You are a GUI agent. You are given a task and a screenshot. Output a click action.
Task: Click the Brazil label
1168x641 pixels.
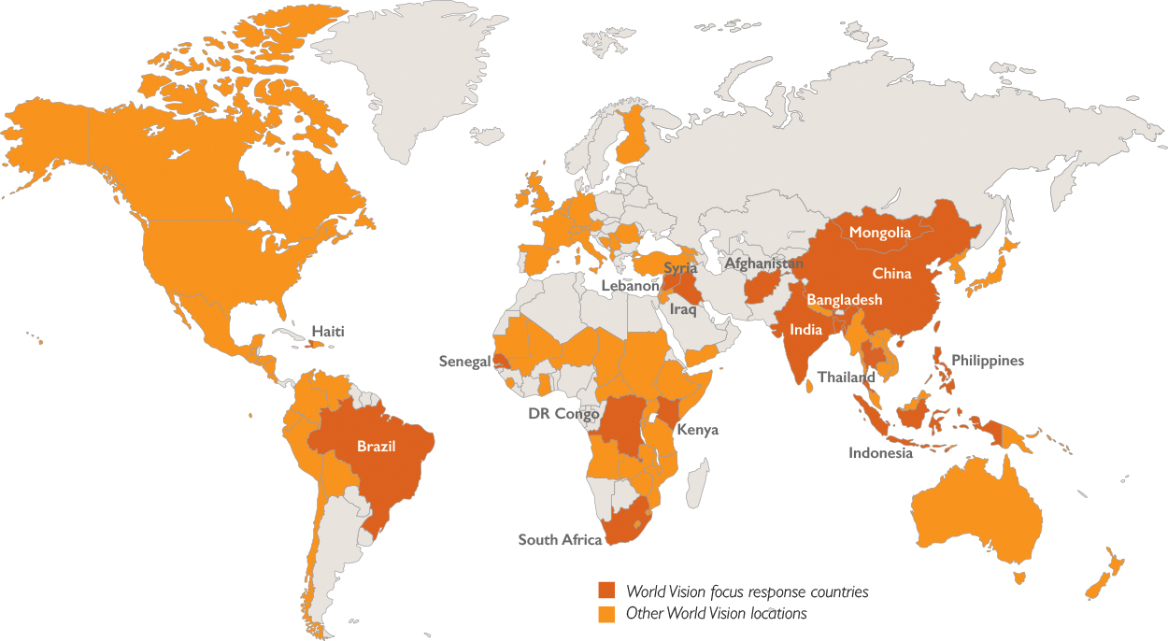point(377,447)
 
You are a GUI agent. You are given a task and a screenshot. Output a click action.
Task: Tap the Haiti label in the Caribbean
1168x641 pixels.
point(329,331)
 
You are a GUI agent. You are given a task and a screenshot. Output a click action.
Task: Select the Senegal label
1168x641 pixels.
point(464,362)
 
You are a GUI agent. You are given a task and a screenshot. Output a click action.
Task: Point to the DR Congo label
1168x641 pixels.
point(564,413)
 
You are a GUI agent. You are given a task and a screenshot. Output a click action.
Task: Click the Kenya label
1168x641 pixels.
point(697,430)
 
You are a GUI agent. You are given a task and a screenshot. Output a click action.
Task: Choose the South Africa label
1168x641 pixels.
point(560,540)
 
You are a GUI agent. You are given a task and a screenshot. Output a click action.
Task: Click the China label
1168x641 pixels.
point(891,274)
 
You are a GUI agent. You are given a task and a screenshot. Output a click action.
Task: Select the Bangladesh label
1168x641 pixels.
point(845,300)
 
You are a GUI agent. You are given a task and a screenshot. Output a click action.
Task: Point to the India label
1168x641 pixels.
point(805,329)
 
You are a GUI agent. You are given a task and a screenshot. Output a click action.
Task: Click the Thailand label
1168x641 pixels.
point(847,377)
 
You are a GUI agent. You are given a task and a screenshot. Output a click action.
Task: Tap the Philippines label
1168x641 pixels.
point(988,361)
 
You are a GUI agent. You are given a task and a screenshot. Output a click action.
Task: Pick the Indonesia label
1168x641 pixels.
point(880,453)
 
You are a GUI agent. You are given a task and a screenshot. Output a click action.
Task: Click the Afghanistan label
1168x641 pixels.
point(763,264)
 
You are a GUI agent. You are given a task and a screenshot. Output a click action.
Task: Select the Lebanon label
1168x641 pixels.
point(630,286)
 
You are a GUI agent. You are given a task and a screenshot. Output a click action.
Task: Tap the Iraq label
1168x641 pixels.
point(683,308)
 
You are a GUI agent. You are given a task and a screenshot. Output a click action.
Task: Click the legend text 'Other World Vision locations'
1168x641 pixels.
point(716,614)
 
